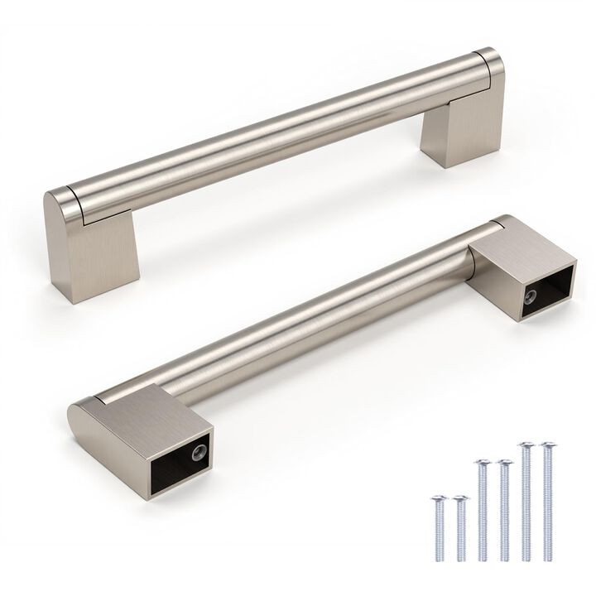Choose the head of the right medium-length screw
click(504, 461)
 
